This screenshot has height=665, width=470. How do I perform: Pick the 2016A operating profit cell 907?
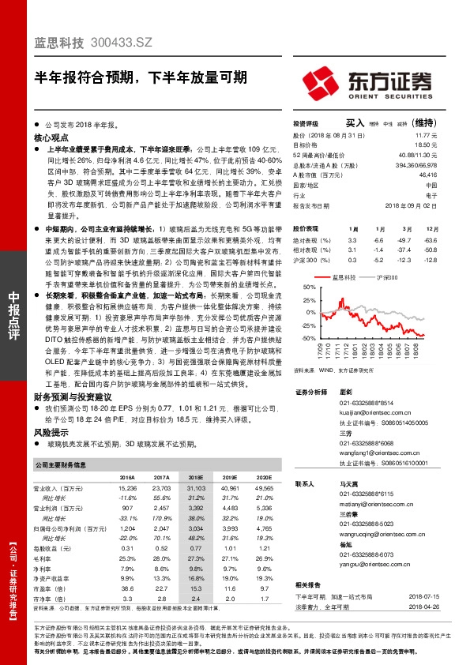(x=130, y=508)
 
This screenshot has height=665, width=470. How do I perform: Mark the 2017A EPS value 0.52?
(x=162, y=548)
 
